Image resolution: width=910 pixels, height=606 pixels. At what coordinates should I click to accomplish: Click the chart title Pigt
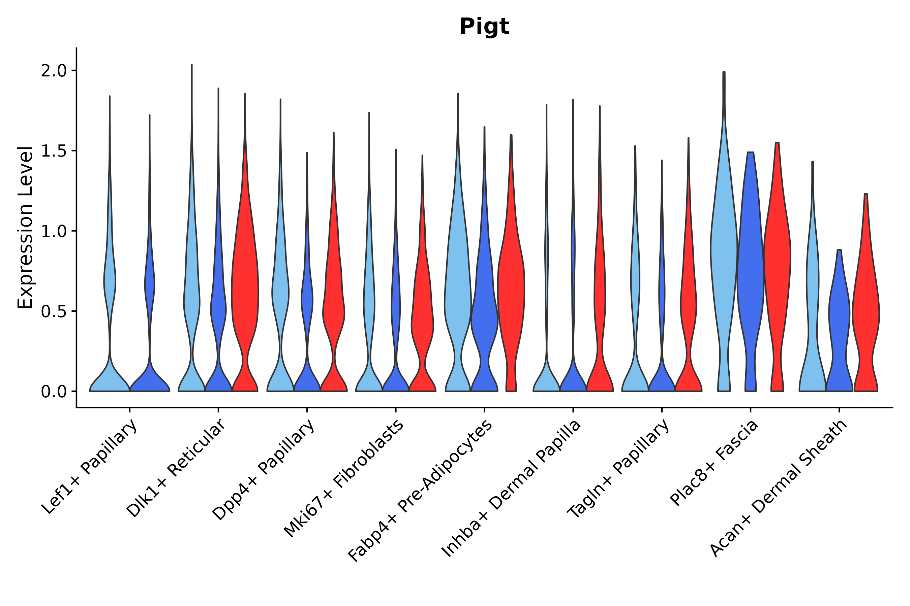(x=484, y=27)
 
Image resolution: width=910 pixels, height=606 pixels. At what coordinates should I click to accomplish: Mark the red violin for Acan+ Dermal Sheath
(x=866, y=309)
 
